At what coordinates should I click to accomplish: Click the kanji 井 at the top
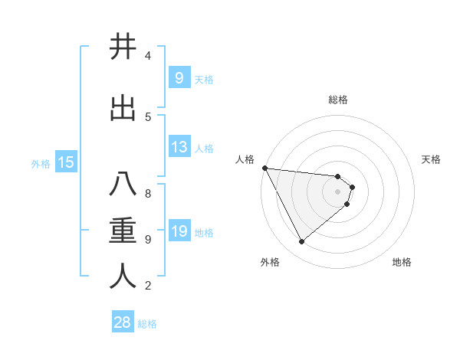(x=123, y=47)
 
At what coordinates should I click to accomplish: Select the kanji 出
(x=123, y=109)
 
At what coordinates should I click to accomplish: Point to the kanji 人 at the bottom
(x=123, y=277)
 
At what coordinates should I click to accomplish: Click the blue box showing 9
(x=179, y=77)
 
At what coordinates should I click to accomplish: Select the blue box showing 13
(x=179, y=147)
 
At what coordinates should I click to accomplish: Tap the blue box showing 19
(x=179, y=231)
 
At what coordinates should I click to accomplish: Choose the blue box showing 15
(x=66, y=162)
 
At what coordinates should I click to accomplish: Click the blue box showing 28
(x=123, y=322)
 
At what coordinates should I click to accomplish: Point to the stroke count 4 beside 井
(x=148, y=56)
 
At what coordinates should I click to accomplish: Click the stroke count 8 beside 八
(x=148, y=194)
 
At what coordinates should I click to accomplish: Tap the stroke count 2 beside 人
(x=148, y=286)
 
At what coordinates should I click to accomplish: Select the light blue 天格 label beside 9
(x=204, y=79)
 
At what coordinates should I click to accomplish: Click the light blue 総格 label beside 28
(x=147, y=324)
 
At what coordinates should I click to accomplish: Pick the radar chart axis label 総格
(x=338, y=100)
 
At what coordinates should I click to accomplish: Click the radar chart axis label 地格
(x=402, y=262)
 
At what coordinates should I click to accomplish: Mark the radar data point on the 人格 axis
(x=264, y=168)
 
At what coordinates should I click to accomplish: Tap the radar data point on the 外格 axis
(x=301, y=242)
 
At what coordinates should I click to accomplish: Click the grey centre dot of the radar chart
(x=338, y=191)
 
